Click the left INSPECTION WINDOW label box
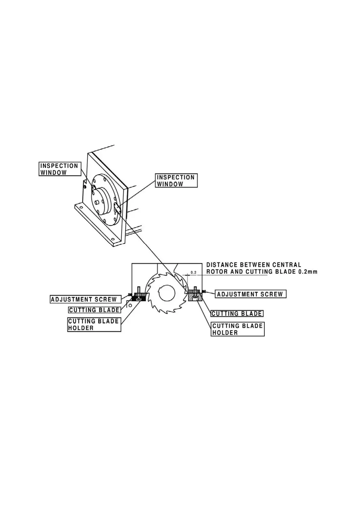tap(60, 169)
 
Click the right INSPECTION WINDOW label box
tap(176, 180)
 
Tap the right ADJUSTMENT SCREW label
tap(250, 294)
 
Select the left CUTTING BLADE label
tap(94, 310)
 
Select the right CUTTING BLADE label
tap(237, 313)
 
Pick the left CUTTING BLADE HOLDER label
tap(94, 324)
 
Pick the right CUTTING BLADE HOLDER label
tap(238, 329)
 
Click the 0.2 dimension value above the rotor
tap(193, 273)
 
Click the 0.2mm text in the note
tap(308, 272)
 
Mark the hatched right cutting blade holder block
tap(195, 297)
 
